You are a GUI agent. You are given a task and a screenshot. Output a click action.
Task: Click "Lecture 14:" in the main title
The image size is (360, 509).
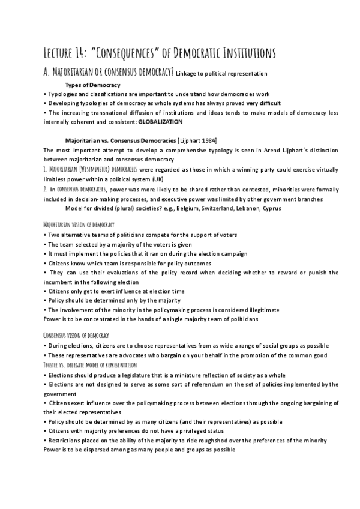67,54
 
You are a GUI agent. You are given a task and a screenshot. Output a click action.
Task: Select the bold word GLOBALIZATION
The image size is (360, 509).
160,121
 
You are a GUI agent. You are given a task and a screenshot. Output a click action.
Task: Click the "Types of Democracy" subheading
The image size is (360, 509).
92,85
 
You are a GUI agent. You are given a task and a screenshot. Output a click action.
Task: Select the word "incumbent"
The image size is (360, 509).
62,282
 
